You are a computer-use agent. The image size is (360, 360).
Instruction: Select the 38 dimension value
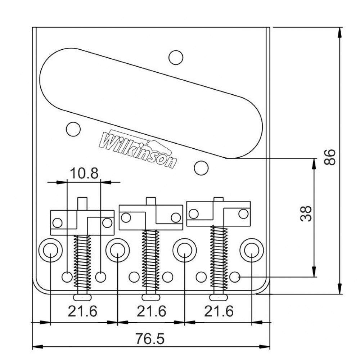[x=305, y=214]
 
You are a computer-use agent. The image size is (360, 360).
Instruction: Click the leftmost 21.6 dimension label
[x=82, y=311]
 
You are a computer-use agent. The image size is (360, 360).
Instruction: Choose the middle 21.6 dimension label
[x=151, y=311]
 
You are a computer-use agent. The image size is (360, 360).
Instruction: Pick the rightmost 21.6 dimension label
[x=219, y=311]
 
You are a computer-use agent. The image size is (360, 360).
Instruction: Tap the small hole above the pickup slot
[x=176, y=58]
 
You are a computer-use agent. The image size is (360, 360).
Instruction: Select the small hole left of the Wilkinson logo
[x=73, y=129]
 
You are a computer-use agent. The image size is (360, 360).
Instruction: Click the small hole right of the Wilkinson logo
[x=201, y=167]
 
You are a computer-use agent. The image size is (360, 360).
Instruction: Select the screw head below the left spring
[x=82, y=297]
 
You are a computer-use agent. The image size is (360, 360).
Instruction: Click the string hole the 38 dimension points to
[x=235, y=277]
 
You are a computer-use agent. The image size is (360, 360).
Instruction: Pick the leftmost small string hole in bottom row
[x=67, y=277]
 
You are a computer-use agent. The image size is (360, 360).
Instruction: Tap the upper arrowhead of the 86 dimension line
[x=339, y=32]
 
